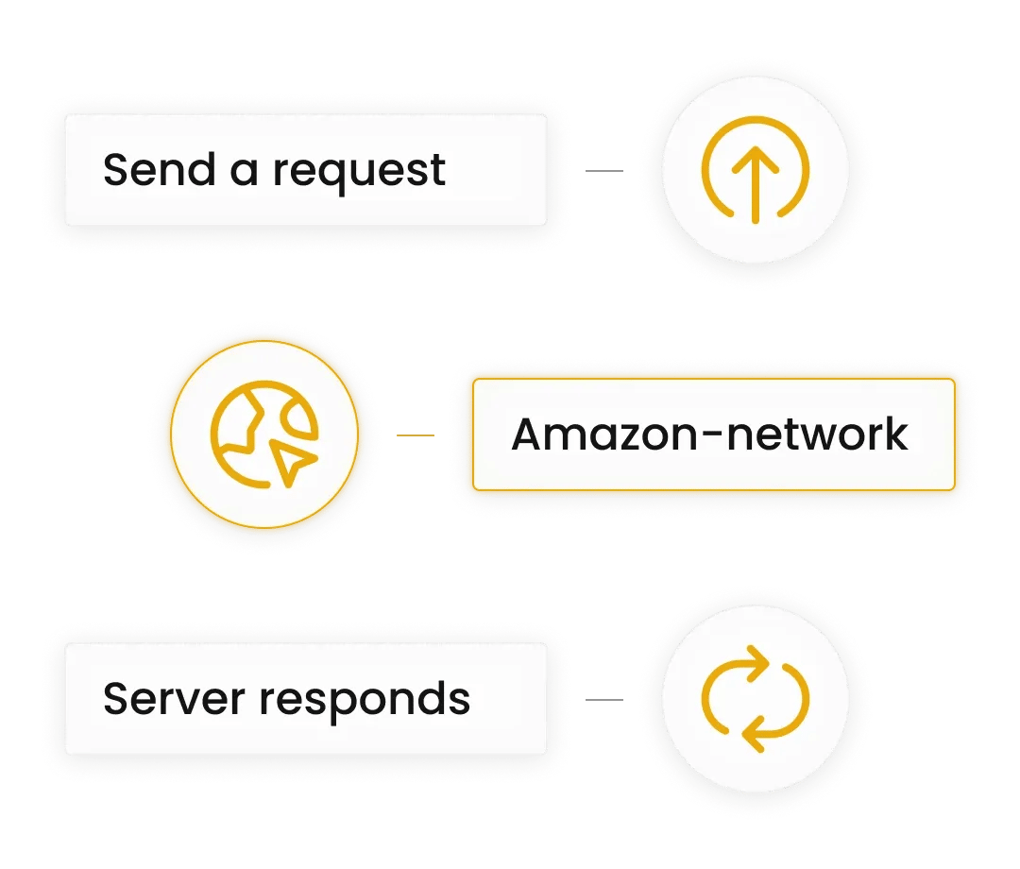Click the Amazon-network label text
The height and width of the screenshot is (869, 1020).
[x=709, y=434]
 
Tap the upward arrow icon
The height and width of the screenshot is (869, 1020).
[x=755, y=171]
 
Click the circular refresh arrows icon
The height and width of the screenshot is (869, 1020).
[x=755, y=699]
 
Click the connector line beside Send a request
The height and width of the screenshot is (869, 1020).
[x=604, y=171]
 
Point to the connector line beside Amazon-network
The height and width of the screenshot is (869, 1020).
[x=416, y=435]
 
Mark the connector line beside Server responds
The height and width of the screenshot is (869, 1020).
[x=604, y=700]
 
